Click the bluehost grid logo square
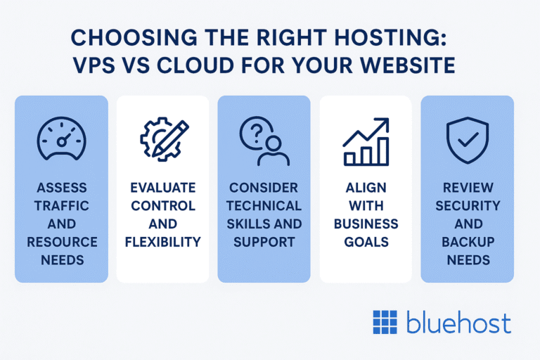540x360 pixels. (x=385, y=322)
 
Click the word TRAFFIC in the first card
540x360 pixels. (x=61, y=206)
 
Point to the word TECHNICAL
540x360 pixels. (x=264, y=206)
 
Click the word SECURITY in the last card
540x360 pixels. (x=467, y=206)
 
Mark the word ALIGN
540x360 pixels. (x=366, y=188)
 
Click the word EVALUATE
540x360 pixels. (x=162, y=188)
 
